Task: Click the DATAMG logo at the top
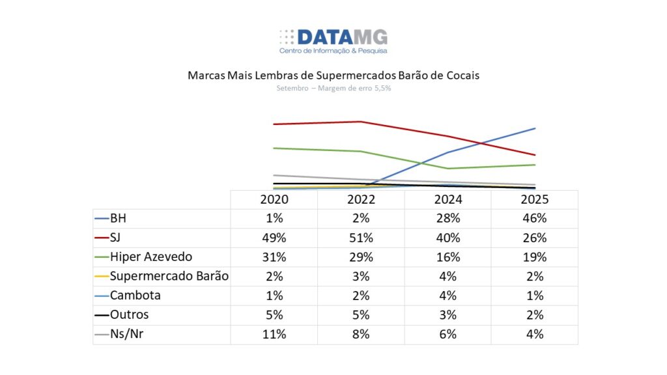tap(333, 40)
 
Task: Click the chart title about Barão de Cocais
tap(333, 76)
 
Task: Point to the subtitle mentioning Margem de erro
tap(333, 88)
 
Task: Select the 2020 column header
tap(274, 199)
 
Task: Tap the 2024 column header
tap(448, 199)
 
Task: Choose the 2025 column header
tap(535, 199)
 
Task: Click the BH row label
tap(119, 218)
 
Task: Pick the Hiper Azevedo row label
tap(151, 257)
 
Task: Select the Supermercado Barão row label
tap(169, 276)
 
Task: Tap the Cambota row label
tap(135, 296)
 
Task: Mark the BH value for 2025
tap(535, 218)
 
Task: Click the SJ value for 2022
tap(361, 238)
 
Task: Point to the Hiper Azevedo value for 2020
tap(274, 257)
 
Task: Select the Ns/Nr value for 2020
tap(274, 335)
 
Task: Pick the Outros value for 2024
tap(448, 315)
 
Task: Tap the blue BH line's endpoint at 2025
tap(535, 128)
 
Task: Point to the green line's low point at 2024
tap(448, 169)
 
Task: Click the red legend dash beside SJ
tap(102, 238)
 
